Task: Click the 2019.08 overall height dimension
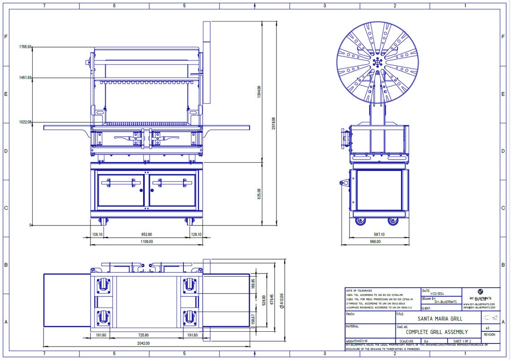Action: point(274,123)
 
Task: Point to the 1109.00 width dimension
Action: point(146,242)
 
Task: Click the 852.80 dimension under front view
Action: point(146,234)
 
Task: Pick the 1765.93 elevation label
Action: point(25,47)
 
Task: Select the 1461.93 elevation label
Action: point(25,78)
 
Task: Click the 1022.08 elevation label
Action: point(25,122)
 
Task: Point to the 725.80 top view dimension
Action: point(146,335)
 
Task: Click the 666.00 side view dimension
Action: point(375,242)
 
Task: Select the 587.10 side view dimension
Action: point(379,234)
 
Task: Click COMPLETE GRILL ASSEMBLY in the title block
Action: point(437,332)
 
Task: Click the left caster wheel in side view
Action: point(360,221)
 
